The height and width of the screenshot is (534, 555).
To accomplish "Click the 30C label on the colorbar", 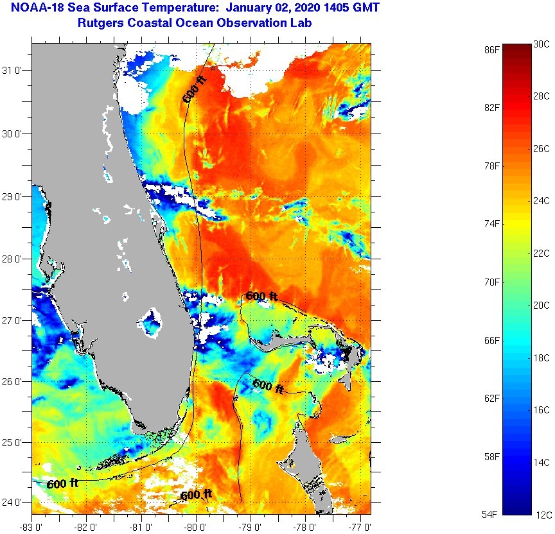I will [x=542, y=44].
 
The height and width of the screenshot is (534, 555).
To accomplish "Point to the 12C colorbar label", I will [x=542, y=515].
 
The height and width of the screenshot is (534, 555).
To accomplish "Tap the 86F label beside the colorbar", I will [x=493, y=49].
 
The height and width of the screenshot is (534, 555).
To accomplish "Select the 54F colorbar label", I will [x=493, y=515].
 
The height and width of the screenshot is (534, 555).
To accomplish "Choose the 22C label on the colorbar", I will [x=542, y=254].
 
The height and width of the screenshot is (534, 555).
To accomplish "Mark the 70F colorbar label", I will [x=493, y=282].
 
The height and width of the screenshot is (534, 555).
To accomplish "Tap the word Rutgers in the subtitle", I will [x=98, y=23].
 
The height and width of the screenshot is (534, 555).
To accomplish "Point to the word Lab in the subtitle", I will [x=310, y=23].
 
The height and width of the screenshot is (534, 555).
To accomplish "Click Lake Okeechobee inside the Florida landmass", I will [x=152, y=321].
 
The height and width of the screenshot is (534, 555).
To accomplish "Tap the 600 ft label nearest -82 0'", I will [x=62, y=483].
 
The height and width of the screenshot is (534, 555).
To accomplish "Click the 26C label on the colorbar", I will [x=542, y=149].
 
